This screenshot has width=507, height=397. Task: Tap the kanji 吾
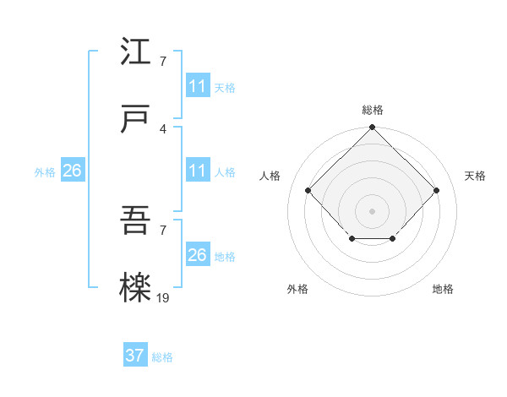[x=136, y=221]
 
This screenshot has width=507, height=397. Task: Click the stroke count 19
[x=163, y=297]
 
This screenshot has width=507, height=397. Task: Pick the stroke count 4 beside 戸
[x=162, y=128]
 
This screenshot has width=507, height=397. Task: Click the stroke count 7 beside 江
[x=162, y=61]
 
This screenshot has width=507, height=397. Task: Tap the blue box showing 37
[x=135, y=356]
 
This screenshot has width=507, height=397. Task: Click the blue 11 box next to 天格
[x=197, y=86]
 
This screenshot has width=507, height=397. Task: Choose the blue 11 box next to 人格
[x=197, y=171]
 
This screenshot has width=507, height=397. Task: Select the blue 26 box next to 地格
[x=197, y=255]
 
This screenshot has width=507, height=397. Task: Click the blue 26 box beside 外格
[x=72, y=171]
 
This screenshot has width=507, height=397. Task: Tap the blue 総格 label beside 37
[x=162, y=357]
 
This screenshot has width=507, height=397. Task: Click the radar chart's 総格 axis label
[x=372, y=110]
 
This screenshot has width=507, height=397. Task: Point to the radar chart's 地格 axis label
[x=443, y=289]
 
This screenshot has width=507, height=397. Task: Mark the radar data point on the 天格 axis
[x=436, y=190]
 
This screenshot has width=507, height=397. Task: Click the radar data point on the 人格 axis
[x=308, y=190]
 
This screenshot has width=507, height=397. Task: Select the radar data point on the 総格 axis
[x=372, y=128]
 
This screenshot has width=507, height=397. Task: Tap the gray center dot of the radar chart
[x=372, y=210]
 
